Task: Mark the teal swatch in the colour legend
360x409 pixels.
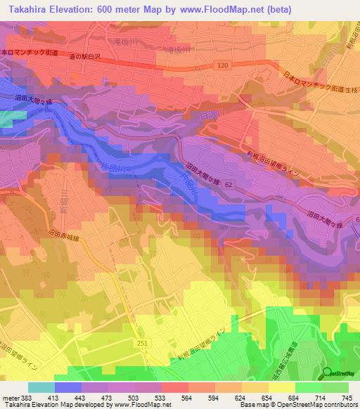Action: pyautogui.click(x=41, y=387)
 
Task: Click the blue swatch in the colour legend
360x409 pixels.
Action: pyautogui.click(x=67, y=387)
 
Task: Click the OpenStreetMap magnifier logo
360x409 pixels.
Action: pyautogui.click(x=327, y=374)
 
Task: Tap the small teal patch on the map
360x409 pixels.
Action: pyautogui.click(x=6, y=118)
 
